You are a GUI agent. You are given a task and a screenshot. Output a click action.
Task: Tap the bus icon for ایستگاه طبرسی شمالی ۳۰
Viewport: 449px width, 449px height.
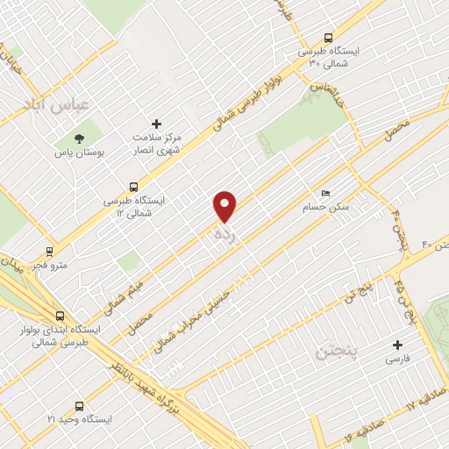coord(327,38)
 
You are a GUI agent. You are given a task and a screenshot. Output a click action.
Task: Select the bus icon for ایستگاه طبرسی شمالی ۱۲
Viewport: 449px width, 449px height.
coord(133,186)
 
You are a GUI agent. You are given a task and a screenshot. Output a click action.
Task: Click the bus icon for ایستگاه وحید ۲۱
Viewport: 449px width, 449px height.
coord(80,406)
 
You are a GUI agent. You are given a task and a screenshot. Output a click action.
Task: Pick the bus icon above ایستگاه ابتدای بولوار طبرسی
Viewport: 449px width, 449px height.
coord(60,316)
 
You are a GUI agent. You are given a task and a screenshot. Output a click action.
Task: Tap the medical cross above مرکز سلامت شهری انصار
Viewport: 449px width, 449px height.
coord(157,124)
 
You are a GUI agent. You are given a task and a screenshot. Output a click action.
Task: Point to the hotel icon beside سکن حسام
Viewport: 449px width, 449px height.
coord(326,194)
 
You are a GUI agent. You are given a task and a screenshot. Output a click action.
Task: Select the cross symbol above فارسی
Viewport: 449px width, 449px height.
coord(398,345)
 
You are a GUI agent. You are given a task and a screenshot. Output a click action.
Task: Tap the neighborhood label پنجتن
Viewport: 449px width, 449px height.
coord(334,353)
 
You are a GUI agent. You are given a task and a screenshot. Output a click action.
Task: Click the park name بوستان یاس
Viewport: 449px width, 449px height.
coord(79,152)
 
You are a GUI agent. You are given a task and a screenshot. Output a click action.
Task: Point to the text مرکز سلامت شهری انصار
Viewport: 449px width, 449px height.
coord(157,145)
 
